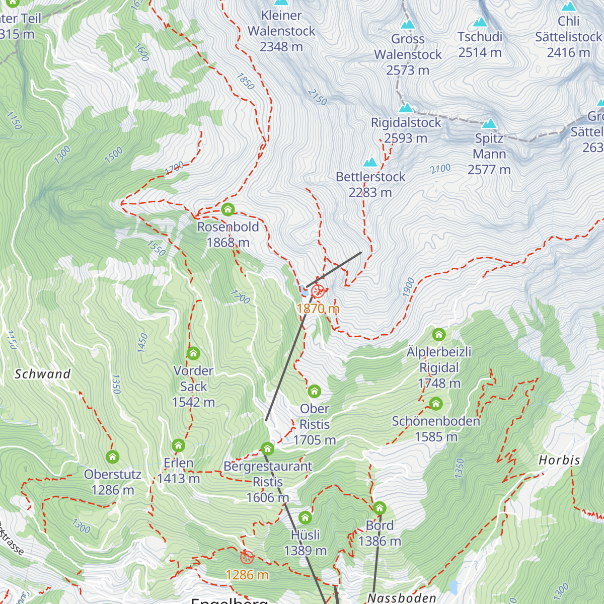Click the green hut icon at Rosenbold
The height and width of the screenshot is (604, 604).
pyautogui.click(x=228, y=209)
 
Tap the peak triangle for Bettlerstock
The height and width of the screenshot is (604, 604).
pyautogui.click(x=370, y=162)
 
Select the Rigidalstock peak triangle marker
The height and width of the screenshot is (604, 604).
pyautogui.click(x=406, y=108)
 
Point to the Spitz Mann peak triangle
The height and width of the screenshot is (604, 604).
pyautogui.click(x=489, y=124)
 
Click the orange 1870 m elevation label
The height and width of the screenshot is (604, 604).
pyautogui.click(x=318, y=309)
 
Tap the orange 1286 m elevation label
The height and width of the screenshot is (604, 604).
pyautogui.click(x=247, y=575)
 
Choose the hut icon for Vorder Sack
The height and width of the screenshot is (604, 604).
pyautogui.click(x=193, y=353)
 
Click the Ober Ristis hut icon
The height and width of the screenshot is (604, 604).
pyautogui.click(x=315, y=391)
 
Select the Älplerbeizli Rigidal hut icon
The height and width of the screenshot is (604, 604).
pyautogui.click(x=439, y=334)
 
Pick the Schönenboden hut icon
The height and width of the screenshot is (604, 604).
pyautogui.click(x=436, y=404)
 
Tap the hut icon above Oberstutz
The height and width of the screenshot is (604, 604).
pyautogui.click(x=113, y=457)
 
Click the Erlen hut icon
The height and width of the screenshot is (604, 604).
pyautogui.click(x=178, y=445)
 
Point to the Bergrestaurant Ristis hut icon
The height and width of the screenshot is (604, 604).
pyautogui.click(x=268, y=448)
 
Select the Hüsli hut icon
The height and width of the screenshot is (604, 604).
pyautogui.click(x=305, y=517)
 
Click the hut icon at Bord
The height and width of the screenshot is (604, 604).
pyautogui.click(x=380, y=508)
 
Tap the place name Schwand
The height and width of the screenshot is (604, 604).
pyautogui.click(x=42, y=374)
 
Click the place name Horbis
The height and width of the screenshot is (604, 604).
pyautogui.click(x=559, y=460)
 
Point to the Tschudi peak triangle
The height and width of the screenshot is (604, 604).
pyautogui.click(x=480, y=22)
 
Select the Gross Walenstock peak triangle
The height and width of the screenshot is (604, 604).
pyautogui.click(x=408, y=24)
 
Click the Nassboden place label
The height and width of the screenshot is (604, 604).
pyautogui.click(x=402, y=598)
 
